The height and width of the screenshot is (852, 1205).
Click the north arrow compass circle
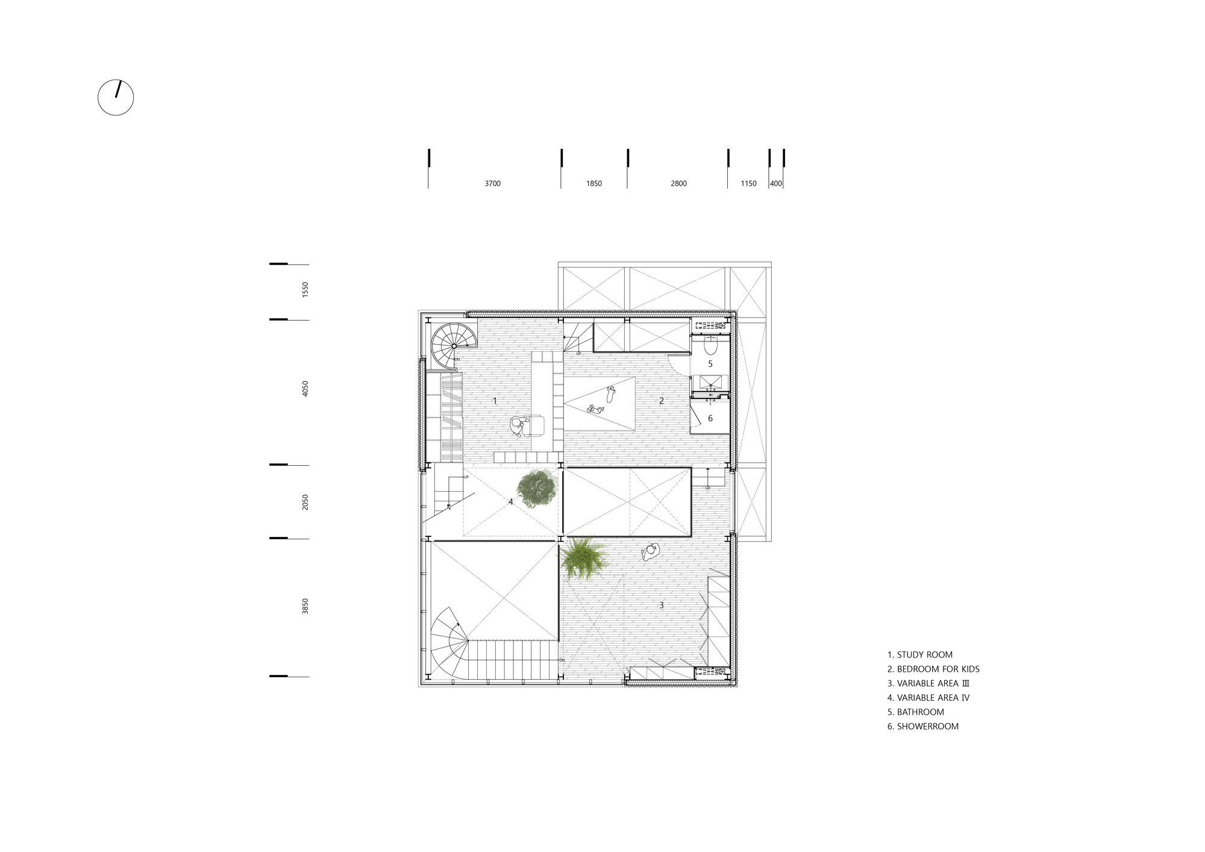pyautogui.click(x=116, y=97)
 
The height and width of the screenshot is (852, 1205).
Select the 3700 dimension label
pyautogui.click(x=492, y=184)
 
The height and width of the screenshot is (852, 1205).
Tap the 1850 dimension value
pyautogui.click(x=593, y=184)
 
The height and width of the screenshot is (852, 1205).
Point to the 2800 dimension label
pyautogui.click(x=678, y=184)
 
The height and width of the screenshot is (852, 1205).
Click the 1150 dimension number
pyautogui.click(x=748, y=184)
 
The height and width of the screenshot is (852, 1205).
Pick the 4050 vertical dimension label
pyautogui.click(x=305, y=389)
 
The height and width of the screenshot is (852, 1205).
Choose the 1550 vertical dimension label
pyautogui.click(x=305, y=290)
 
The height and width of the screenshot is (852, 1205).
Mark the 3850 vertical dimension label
pyautogui.click(x=305, y=606)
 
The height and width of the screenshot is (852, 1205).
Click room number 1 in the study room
pyautogui.click(x=495, y=401)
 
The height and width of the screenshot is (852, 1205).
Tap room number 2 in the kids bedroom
pyautogui.click(x=661, y=401)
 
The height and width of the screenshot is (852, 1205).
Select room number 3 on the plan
pyautogui.click(x=661, y=605)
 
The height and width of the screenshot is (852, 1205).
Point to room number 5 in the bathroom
pyautogui.click(x=710, y=364)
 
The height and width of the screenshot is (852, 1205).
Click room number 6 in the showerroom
pyautogui.click(x=710, y=418)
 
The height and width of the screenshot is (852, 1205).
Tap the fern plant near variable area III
pyautogui.click(x=581, y=557)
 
